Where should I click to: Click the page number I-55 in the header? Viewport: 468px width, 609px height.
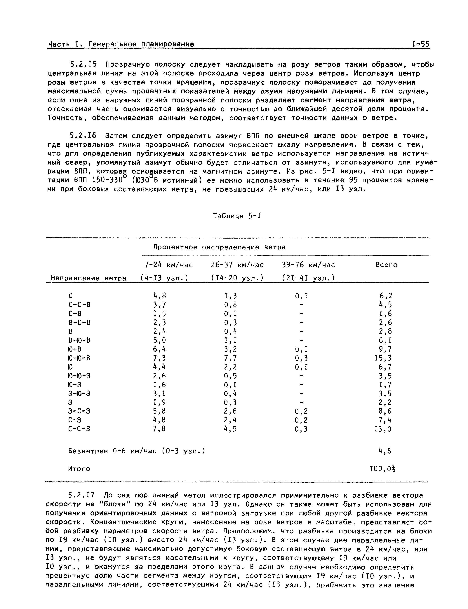(x=421, y=44)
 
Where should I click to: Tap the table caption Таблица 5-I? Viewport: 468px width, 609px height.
(x=237, y=216)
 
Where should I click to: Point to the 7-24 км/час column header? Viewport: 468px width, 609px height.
(x=168, y=265)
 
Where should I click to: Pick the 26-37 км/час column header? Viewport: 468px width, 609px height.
(x=237, y=265)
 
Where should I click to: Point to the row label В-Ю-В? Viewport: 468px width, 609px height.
(x=79, y=340)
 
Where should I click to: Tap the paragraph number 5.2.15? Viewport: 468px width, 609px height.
(x=83, y=65)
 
